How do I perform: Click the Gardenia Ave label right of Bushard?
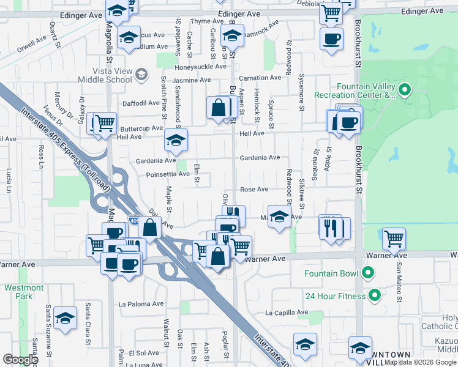(259, 158)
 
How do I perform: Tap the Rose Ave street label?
(254, 190)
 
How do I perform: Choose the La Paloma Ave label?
(141, 303)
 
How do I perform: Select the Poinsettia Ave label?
(167, 174)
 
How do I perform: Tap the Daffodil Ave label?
(141, 103)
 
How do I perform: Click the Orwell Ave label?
(32, 43)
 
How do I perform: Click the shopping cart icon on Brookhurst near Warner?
(393, 237)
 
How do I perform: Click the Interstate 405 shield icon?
(133, 221)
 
